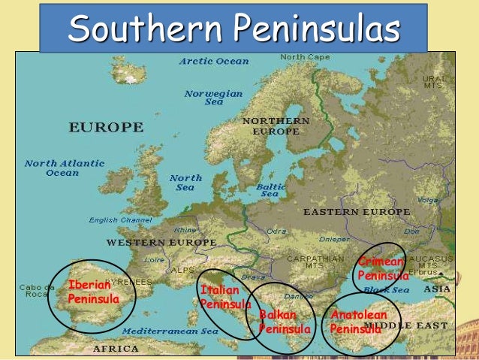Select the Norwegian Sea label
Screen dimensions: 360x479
tap(214, 98)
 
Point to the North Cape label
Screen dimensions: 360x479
tap(303, 57)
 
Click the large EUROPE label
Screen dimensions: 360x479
tap(107, 127)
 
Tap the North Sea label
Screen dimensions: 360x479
tap(185, 183)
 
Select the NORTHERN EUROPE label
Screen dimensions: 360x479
tap(276, 126)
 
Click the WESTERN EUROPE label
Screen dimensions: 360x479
tap(161, 243)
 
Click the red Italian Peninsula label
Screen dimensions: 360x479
tap(224, 297)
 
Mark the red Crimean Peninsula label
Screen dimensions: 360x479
tap(382, 268)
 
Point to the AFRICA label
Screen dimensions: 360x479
tap(116, 349)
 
